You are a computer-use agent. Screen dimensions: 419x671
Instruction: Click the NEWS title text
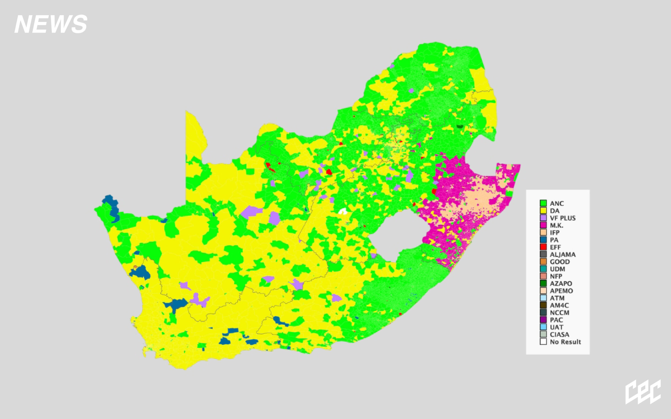pos(51,24)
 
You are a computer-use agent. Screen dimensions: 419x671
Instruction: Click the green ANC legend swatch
pos(543,203)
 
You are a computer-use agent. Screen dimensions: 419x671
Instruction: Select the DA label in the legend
pos(555,211)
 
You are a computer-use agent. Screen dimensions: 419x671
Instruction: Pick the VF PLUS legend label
pos(563,218)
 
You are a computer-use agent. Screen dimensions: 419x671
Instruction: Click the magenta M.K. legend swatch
pos(543,225)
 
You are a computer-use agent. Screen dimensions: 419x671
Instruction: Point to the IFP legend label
pos(555,233)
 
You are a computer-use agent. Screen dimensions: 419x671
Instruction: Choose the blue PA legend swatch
pos(543,240)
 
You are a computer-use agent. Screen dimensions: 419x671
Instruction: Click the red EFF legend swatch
pos(543,247)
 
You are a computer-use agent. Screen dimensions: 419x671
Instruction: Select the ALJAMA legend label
pos(563,254)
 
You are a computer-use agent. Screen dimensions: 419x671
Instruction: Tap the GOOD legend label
pos(560,262)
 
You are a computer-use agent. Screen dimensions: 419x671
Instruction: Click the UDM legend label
pos(557,269)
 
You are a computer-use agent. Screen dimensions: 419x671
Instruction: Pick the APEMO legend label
pos(561,291)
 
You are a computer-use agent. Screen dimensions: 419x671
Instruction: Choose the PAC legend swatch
pos(543,320)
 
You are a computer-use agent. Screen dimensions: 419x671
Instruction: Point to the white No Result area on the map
pos(343,211)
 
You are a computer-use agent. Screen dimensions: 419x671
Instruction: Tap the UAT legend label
pos(556,327)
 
